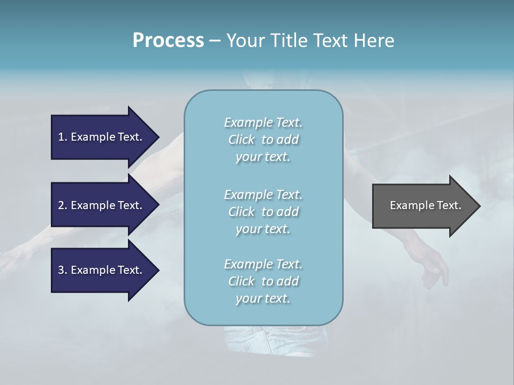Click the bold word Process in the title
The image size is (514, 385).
click(168, 41)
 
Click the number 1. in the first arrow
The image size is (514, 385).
click(63, 137)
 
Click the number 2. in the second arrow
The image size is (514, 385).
click(63, 205)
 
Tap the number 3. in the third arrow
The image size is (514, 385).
click(63, 270)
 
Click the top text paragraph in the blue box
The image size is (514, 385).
click(263, 140)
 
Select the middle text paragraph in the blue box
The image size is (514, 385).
click(263, 212)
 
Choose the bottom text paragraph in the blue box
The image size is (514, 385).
click(263, 281)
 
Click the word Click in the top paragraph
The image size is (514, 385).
click(241, 140)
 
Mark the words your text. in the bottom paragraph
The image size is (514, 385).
click(263, 298)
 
